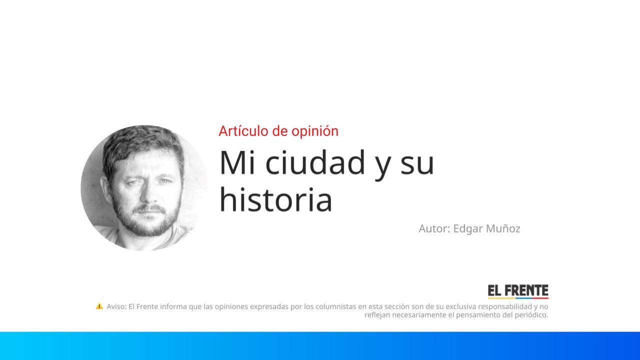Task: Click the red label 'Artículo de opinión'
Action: (x=278, y=131)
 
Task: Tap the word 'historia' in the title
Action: (x=275, y=199)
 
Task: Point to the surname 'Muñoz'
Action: (x=503, y=228)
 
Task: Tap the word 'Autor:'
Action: (x=434, y=228)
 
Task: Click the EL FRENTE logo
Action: (x=518, y=291)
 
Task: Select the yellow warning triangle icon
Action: (x=99, y=306)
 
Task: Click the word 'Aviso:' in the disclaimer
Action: (x=116, y=306)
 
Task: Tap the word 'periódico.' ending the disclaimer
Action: (x=531, y=315)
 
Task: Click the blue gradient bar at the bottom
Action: (x=320, y=345)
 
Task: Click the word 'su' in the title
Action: (x=417, y=162)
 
